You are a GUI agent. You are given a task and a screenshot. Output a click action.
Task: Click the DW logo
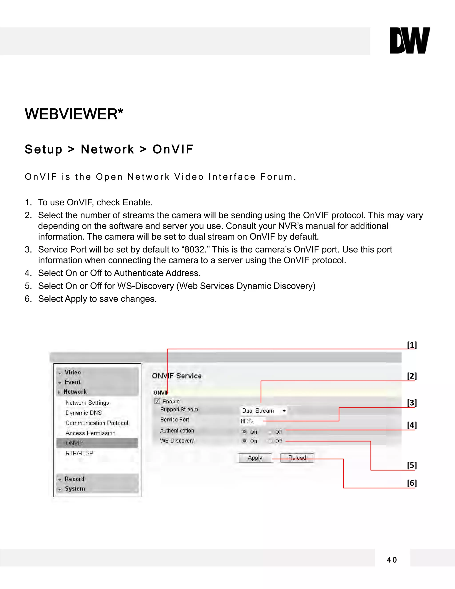click(410, 40)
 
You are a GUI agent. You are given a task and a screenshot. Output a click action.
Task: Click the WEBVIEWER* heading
click(74, 114)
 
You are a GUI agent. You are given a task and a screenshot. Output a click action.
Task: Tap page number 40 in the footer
click(392, 560)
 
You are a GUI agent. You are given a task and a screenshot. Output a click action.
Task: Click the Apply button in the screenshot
click(255, 458)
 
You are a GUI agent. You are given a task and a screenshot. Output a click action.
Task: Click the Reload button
click(297, 458)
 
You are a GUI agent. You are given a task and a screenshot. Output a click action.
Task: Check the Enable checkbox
click(157, 401)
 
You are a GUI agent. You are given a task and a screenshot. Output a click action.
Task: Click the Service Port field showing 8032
click(251, 421)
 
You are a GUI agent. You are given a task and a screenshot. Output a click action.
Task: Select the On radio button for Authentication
click(244, 431)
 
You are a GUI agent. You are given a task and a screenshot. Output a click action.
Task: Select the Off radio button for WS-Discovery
click(269, 441)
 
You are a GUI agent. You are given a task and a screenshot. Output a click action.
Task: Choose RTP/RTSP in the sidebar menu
click(79, 453)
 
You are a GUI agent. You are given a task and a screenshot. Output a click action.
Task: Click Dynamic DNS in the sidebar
click(84, 413)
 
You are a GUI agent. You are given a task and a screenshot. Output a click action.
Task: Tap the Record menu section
click(75, 479)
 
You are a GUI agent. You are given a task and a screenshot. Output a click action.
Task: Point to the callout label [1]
click(412, 345)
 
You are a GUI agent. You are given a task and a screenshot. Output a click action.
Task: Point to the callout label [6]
click(412, 483)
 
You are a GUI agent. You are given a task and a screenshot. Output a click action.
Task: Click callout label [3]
click(412, 403)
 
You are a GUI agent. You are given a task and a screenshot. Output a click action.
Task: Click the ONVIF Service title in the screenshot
click(177, 376)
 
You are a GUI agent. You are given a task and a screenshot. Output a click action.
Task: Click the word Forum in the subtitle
click(278, 177)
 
